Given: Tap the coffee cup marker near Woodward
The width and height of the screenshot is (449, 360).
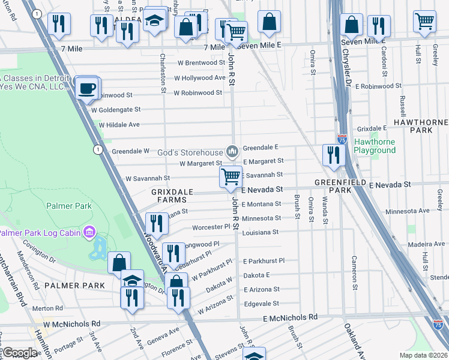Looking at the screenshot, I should [x=88, y=88].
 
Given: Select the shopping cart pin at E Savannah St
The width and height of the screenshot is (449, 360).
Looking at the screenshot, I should [x=231, y=176].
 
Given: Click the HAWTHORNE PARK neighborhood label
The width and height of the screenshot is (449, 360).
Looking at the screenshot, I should [x=421, y=126].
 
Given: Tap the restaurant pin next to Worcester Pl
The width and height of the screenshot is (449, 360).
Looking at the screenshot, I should [x=156, y=223].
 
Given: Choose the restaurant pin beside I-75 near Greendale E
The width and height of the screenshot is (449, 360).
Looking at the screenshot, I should [x=333, y=155].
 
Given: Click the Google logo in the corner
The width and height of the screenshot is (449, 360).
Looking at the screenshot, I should [x=19, y=353].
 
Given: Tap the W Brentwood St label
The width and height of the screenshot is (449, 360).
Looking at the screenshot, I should [x=200, y=62].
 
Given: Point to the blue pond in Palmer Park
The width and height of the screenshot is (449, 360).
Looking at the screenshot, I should [x=98, y=248].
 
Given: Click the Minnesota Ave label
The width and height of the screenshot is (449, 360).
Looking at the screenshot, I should [x=407, y=211].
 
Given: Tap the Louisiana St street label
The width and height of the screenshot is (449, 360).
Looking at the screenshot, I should [x=260, y=232].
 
